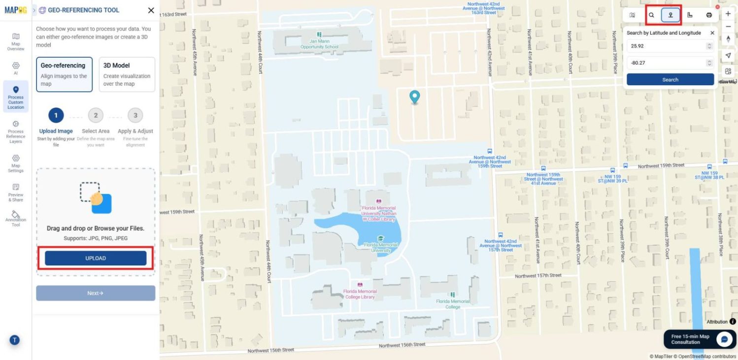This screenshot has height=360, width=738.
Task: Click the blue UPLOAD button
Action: tap(96, 258)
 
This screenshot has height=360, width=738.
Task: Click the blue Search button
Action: tap(670, 79)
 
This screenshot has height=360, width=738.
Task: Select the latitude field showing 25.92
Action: tap(666, 46)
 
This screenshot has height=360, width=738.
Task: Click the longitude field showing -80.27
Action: tap(666, 63)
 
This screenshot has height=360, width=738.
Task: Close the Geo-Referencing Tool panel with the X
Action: tap(151, 10)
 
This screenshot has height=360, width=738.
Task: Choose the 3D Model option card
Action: tap(127, 74)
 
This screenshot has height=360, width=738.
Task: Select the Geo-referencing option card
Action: tap(64, 74)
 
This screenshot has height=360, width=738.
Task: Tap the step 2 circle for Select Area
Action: tap(96, 116)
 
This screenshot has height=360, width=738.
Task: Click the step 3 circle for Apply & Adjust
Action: tap(135, 116)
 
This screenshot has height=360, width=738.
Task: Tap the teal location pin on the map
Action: tap(415, 97)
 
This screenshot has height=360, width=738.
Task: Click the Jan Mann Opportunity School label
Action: tap(320, 44)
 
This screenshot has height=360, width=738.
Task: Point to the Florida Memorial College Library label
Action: tap(360, 294)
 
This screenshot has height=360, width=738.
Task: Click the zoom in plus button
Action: tap(728, 14)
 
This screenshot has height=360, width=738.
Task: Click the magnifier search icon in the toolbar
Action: tap(651, 15)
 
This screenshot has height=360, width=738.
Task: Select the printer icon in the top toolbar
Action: tap(709, 15)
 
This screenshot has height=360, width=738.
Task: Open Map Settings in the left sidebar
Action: tap(16, 164)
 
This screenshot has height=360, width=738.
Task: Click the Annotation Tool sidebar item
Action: tap(16, 219)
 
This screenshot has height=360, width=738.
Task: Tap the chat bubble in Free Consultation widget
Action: tap(724, 339)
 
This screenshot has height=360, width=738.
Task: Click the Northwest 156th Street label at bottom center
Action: tap(402, 346)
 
